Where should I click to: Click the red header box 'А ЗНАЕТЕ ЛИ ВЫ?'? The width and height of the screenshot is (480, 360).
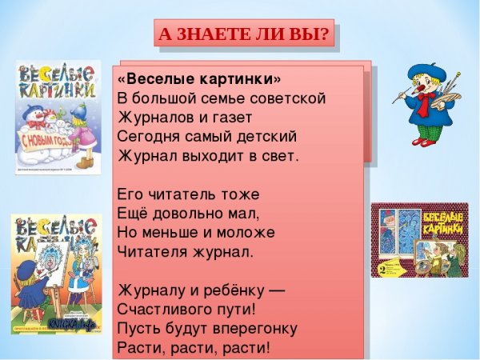coord(243,34)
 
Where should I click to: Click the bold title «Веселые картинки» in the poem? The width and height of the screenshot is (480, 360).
coord(199,79)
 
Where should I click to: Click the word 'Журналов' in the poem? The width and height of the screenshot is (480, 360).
coord(150,118)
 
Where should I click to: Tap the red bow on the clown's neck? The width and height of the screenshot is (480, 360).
coord(423,100)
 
